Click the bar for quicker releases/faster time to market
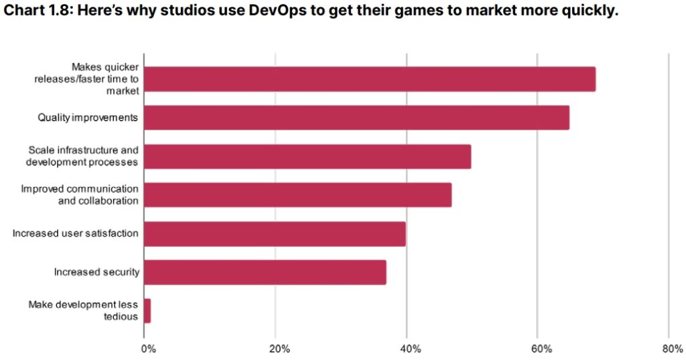click(x=369, y=79)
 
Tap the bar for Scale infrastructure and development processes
click(x=307, y=156)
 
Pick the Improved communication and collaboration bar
click(x=297, y=194)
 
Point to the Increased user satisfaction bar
click(x=275, y=233)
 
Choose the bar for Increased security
click(x=265, y=272)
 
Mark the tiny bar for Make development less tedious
click(x=147, y=310)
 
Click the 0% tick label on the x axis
click(x=148, y=349)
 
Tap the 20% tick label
click(x=279, y=349)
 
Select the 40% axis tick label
click(x=410, y=349)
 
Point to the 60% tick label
click(x=541, y=349)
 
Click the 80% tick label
click(x=672, y=349)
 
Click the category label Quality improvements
click(x=88, y=118)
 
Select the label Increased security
click(x=96, y=272)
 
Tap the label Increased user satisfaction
click(x=76, y=233)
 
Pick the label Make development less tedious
click(x=83, y=310)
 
